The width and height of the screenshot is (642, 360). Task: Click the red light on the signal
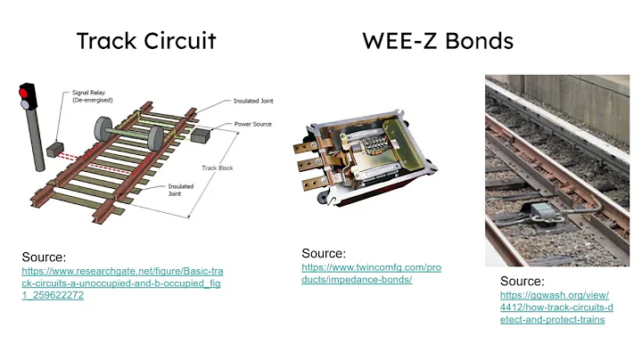click(27, 92)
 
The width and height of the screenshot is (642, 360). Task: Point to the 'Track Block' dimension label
click(216, 167)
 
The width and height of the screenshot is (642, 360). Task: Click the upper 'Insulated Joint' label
click(252, 101)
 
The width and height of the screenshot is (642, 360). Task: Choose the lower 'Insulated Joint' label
click(182, 190)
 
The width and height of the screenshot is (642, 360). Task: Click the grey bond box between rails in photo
click(539, 210)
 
